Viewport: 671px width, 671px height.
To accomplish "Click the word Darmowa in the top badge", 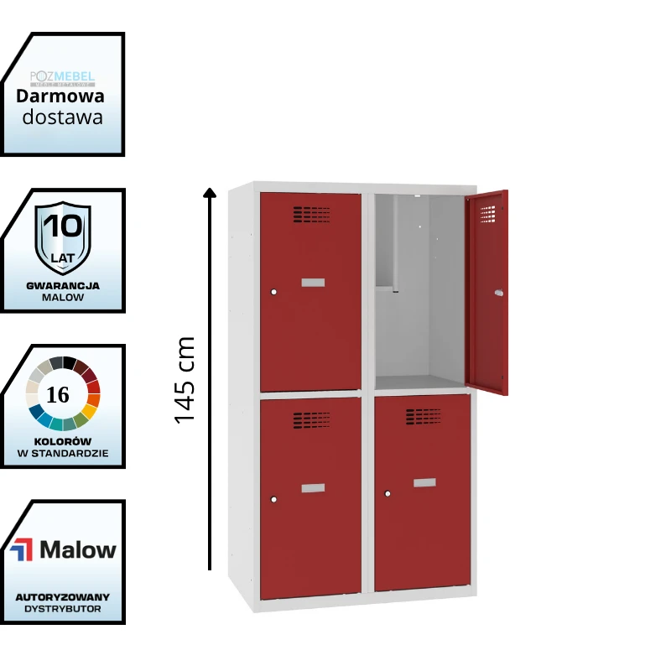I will click(x=60, y=96).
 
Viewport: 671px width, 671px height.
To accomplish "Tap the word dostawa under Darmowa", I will click(x=63, y=117).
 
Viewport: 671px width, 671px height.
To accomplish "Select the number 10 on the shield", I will click(x=63, y=226).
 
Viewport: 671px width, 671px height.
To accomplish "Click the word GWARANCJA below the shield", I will click(x=63, y=285).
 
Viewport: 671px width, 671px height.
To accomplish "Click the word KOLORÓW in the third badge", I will click(x=64, y=441).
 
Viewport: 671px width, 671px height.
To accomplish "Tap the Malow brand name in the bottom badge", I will click(x=78, y=550).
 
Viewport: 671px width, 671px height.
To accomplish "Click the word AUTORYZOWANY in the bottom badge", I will click(x=63, y=596).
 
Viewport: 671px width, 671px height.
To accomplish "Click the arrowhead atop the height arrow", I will click(x=210, y=194).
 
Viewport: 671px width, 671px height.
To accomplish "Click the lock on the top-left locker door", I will click(x=273, y=292).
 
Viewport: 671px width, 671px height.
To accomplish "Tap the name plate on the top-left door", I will click(x=313, y=283).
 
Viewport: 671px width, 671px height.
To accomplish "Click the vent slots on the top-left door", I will click(x=311, y=215).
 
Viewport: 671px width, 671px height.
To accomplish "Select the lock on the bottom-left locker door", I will click(x=273, y=499).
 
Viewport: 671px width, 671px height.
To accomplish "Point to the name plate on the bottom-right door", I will click(x=424, y=482).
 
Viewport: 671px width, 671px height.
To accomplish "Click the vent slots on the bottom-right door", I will click(x=424, y=416).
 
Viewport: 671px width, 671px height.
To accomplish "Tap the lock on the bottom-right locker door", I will click(x=388, y=493).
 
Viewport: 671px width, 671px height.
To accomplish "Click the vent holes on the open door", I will click(x=487, y=215).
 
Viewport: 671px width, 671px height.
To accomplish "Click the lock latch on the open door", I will click(x=499, y=293).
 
